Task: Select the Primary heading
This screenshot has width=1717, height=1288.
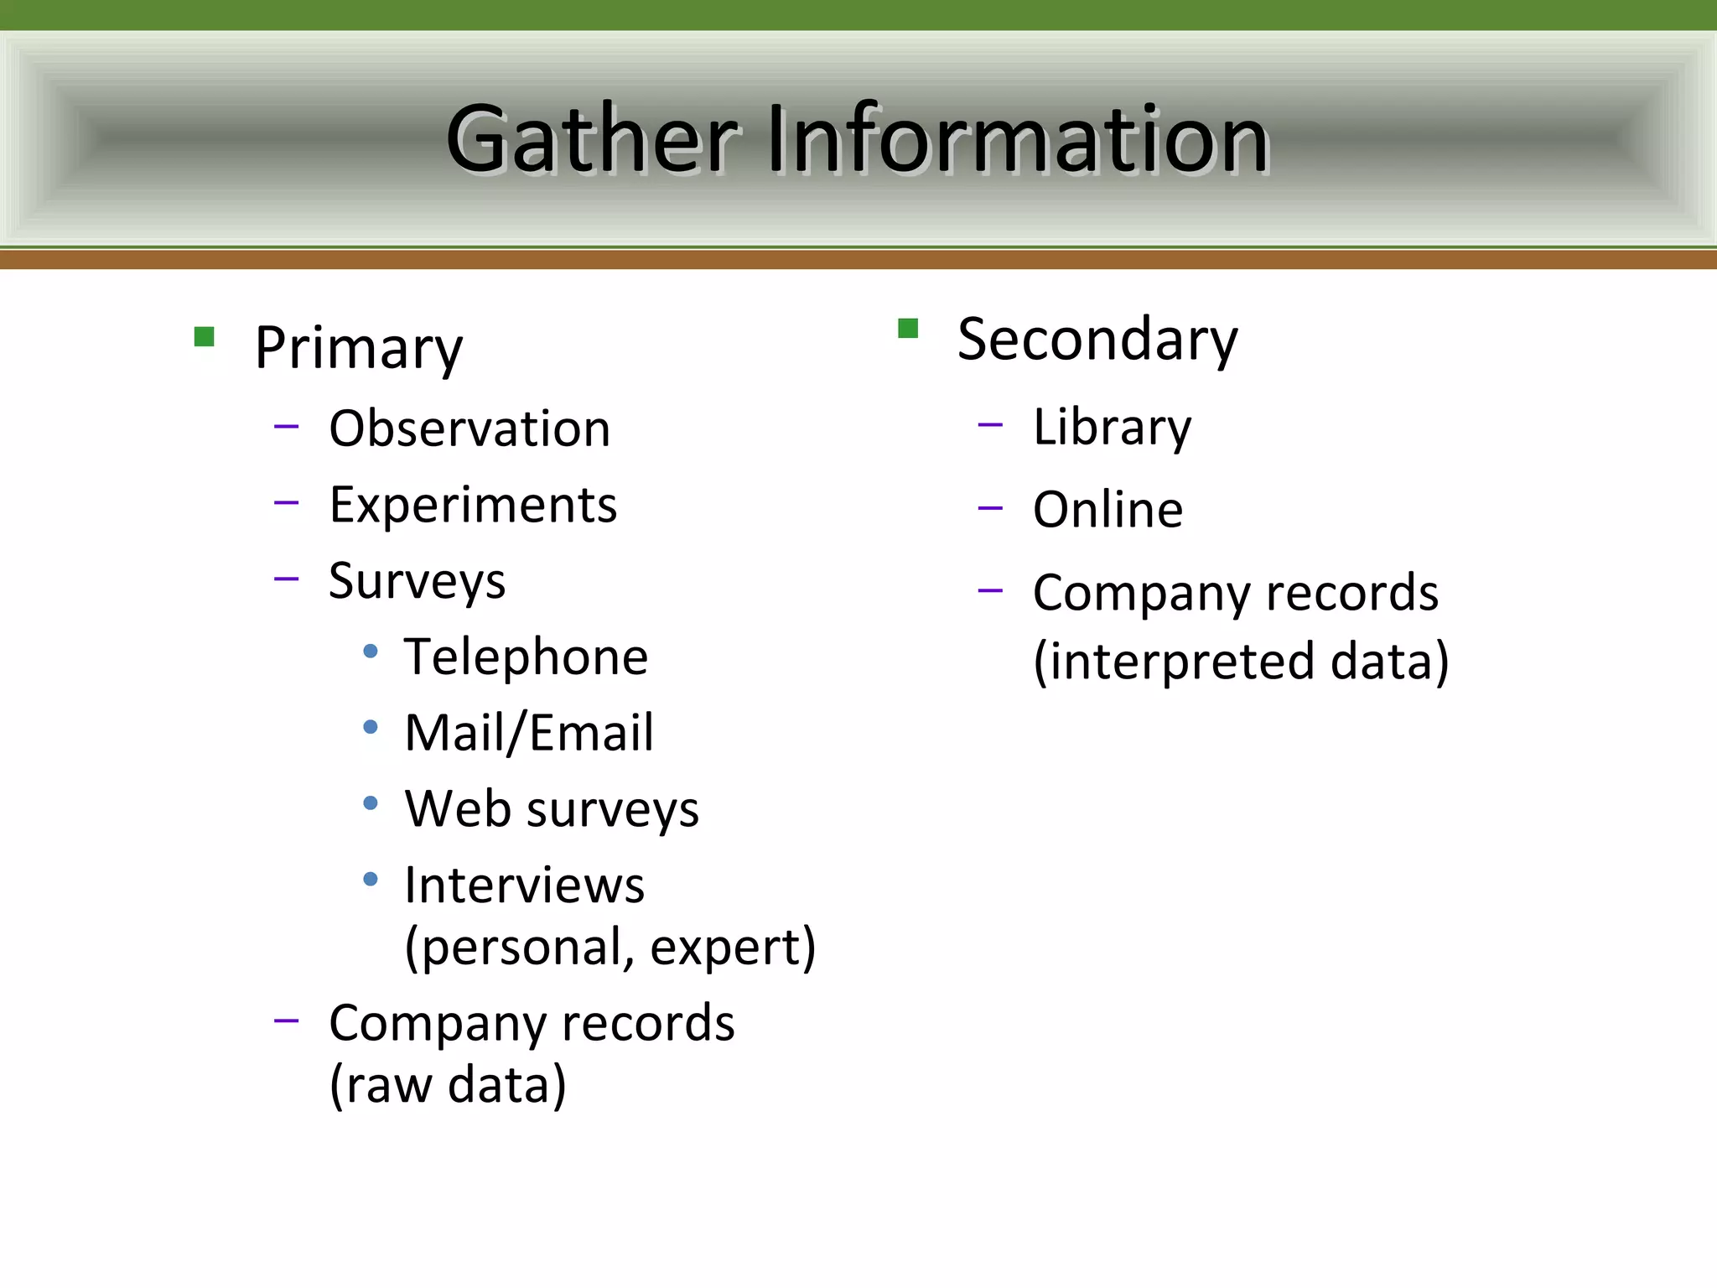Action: click(358, 348)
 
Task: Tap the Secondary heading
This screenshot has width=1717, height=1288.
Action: click(1097, 340)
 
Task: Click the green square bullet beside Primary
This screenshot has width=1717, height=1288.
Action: click(204, 337)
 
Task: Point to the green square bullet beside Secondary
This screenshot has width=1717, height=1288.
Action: click(908, 328)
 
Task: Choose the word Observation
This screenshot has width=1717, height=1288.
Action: click(469, 428)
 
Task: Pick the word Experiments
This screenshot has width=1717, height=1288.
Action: click(473, 505)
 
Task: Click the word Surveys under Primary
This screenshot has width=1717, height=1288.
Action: click(417, 581)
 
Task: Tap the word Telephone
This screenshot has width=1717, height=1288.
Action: click(526, 657)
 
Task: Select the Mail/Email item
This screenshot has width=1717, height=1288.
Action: click(528, 733)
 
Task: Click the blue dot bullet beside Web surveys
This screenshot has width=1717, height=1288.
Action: click(371, 803)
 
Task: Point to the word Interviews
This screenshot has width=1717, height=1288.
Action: click(524, 885)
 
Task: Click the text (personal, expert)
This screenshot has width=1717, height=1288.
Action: click(610, 948)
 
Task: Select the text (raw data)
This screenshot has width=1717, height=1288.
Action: click(448, 1085)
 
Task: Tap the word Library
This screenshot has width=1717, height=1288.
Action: click(1112, 427)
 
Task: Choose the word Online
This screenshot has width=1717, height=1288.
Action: click(1107, 510)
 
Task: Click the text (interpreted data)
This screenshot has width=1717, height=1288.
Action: click(1241, 662)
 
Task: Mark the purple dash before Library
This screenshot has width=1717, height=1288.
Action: click(990, 425)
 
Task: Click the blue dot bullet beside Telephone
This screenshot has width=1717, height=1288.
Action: click(371, 652)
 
